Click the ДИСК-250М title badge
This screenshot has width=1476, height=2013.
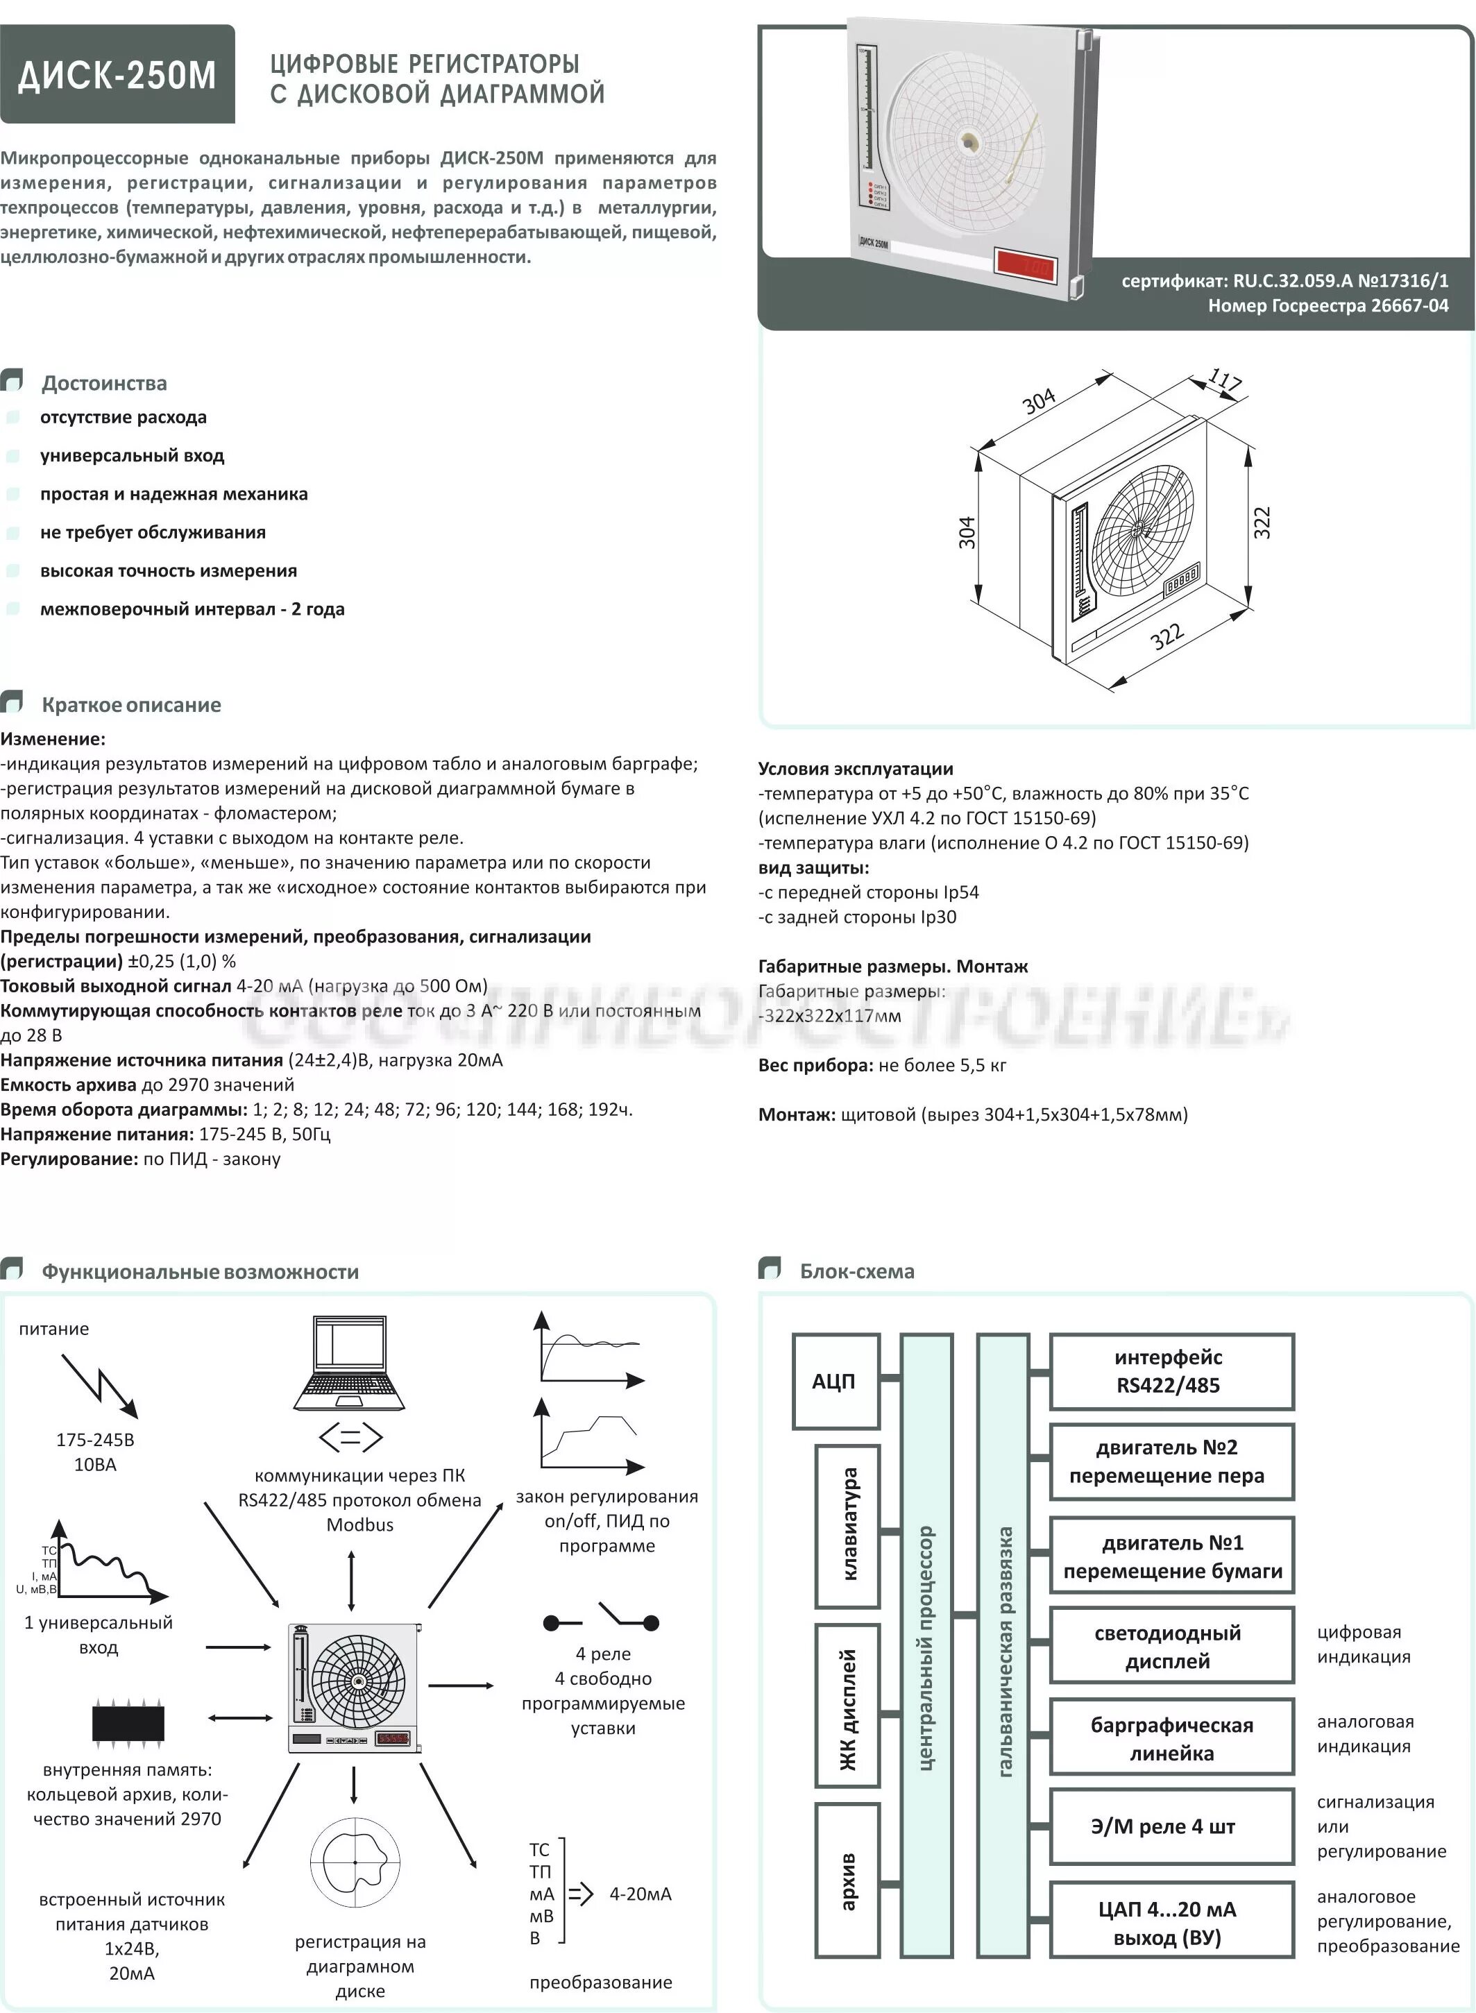coord(117,74)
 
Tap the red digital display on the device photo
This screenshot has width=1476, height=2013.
coord(1026,264)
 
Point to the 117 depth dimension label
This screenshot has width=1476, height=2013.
coord(1224,382)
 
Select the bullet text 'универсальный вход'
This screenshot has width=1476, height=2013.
coord(133,456)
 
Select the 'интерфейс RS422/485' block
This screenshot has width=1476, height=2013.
coord(1171,1371)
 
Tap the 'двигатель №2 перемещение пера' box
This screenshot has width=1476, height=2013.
coord(1171,1463)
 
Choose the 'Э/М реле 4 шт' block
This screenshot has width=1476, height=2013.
coord(1171,1826)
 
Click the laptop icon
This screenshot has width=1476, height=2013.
coord(349,1364)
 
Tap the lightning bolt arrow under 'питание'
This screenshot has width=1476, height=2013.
coord(100,1386)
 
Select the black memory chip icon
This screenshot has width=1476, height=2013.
coord(128,1724)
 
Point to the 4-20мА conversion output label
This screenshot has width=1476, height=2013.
coord(641,1892)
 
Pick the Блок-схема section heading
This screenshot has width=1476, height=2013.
coord(856,1271)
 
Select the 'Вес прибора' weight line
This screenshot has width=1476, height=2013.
coord(882,1065)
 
